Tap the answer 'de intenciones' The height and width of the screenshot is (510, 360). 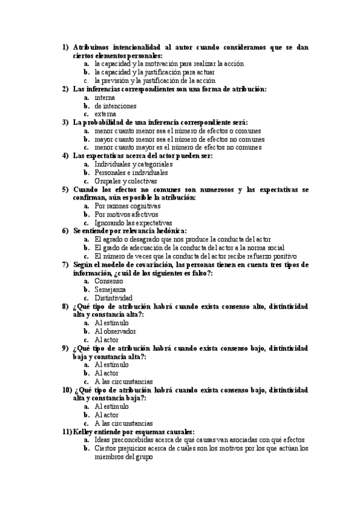coord(115,106)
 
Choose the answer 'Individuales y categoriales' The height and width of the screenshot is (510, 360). coord(133,164)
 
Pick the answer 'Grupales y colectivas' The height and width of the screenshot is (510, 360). coord(126,180)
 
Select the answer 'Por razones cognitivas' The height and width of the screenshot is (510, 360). coord(127,206)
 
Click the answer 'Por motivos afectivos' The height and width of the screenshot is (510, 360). coord(126,214)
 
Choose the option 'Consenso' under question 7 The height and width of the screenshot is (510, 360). coord(109,281)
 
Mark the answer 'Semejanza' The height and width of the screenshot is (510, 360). coord(110,289)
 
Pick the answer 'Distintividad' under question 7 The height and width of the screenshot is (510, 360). coord(114,298)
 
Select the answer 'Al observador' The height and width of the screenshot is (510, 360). coord(115,331)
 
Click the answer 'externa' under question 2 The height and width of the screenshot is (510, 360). coord(105,114)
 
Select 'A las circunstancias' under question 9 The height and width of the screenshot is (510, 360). coord(124,381)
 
